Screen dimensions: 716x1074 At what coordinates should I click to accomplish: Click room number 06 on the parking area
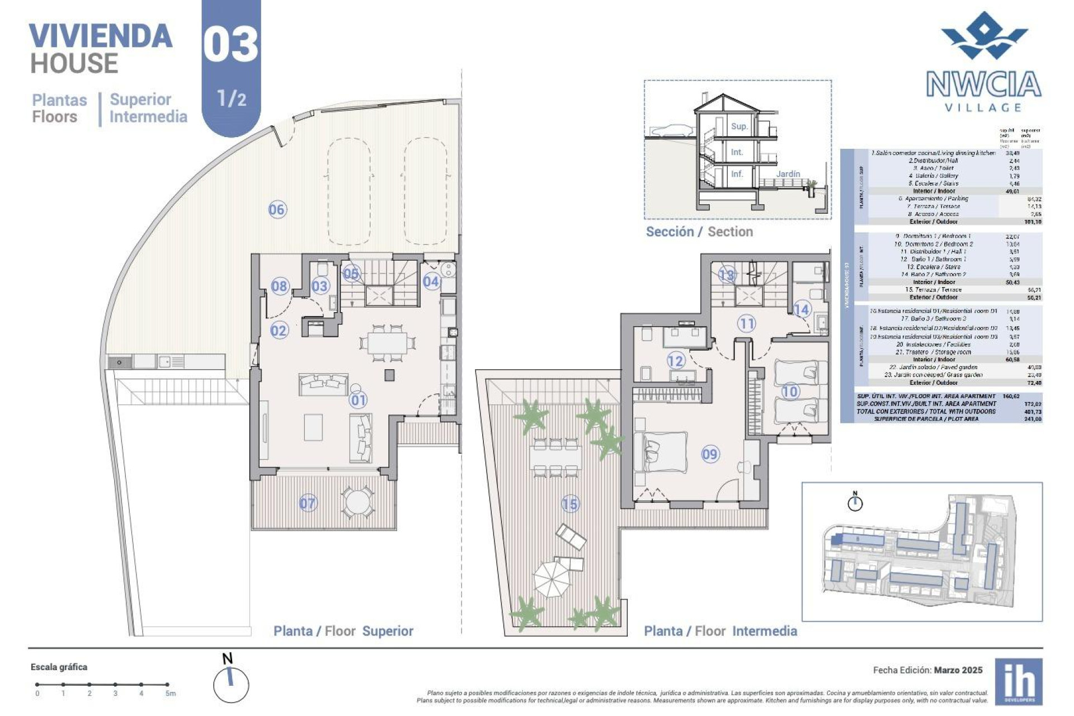tap(277, 210)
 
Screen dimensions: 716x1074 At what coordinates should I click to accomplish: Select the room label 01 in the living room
tap(358, 400)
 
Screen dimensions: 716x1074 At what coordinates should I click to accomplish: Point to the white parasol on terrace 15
tap(552, 579)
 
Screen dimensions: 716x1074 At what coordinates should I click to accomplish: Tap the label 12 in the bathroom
tap(676, 361)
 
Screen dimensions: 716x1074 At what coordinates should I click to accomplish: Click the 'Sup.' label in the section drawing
tap(739, 126)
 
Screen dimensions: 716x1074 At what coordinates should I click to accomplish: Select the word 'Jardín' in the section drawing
tap(788, 174)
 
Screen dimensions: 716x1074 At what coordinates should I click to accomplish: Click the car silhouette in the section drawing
tap(671, 131)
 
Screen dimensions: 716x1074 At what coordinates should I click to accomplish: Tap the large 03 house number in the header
tap(230, 45)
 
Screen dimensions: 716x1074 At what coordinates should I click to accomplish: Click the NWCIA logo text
tap(983, 84)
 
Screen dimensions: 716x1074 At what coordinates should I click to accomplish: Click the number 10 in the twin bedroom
tap(790, 392)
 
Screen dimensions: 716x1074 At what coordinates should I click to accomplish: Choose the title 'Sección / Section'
tap(699, 232)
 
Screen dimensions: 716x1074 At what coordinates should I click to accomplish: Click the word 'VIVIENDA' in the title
tap(101, 36)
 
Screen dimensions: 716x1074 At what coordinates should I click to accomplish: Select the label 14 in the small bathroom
tap(801, 309)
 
